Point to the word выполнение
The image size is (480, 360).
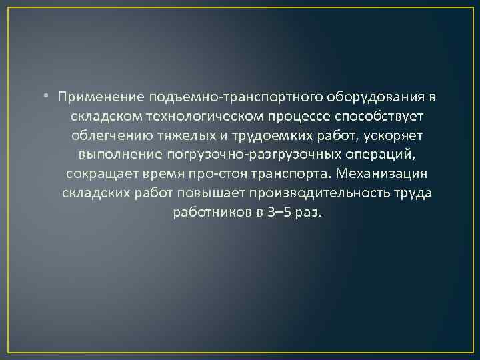pos(115,155)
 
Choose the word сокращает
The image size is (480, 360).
pos(101,175)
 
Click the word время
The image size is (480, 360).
pos(165,175)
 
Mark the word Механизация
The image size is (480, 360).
pos(381,175)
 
